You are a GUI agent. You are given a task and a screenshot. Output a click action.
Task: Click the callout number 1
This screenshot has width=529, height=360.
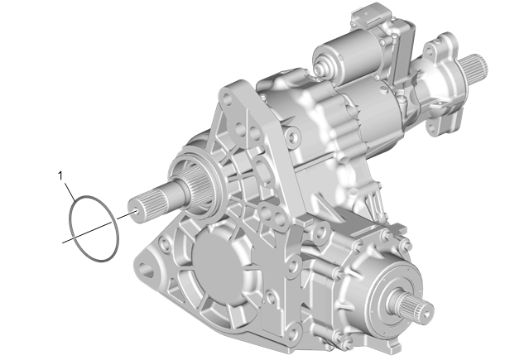(x=60, y=175)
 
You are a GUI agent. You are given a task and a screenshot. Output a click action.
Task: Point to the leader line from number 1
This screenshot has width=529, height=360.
(x=70, y=192)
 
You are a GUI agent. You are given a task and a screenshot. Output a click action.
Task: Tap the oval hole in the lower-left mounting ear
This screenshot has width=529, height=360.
(x=147, y=270)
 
